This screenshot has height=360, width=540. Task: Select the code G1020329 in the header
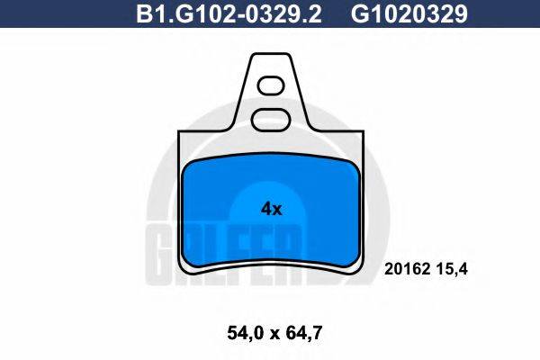click(x=396, y=13)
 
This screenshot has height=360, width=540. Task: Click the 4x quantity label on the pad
click(x=271, y=209)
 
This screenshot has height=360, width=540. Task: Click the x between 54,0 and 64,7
click(x=270, y=333)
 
